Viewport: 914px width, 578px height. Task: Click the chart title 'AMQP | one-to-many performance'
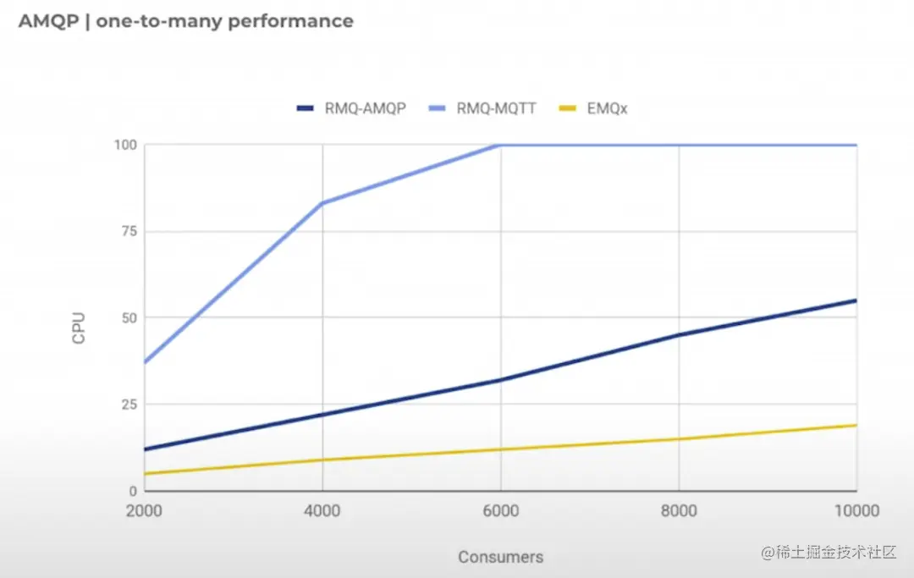[186, 21]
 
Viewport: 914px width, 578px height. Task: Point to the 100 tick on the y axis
[125, 145]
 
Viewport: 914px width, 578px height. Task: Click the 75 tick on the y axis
[129, 231]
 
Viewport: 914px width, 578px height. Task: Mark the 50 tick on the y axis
[129, 317]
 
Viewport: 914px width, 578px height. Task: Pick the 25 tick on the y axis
[129, 405]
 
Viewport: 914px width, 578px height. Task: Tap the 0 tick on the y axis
[133, 491]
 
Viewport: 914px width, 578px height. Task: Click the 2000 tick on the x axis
[146, 511]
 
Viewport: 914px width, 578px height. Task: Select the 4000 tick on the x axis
[322, 511]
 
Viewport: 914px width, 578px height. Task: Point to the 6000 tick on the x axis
[500, 511]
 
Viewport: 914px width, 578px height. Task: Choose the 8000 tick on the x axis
[679, 511]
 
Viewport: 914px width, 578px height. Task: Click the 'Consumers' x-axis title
[500, 557]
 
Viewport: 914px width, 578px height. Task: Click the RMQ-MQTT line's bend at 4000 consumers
[322, 203]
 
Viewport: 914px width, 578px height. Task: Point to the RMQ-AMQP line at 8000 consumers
[679, 335]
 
